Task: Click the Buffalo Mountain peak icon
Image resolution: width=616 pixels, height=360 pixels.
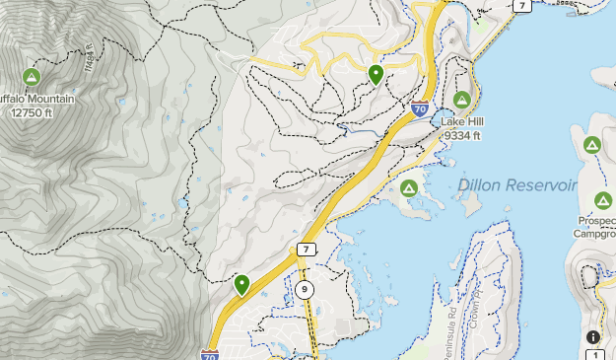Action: [32, 77]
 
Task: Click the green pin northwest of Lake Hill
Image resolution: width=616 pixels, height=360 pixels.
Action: [376, 73]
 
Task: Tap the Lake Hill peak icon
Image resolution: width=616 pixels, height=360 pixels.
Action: [462, 99]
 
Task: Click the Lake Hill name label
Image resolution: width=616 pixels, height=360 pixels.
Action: [462, 121]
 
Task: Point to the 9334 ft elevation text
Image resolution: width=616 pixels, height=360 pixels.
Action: [462, 135]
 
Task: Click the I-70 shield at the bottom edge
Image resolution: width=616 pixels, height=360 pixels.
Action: [209, 353]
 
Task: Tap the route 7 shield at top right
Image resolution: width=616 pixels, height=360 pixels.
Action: [522, 6]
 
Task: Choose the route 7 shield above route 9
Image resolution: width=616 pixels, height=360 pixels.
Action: [307, 250]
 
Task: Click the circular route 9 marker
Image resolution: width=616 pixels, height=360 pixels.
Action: [305, 289]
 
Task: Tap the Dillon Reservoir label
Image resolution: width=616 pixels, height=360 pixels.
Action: [515, 185]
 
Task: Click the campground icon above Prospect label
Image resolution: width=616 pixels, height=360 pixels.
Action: [592, 146]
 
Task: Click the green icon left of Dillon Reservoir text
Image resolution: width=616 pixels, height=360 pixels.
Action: [408, 187]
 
